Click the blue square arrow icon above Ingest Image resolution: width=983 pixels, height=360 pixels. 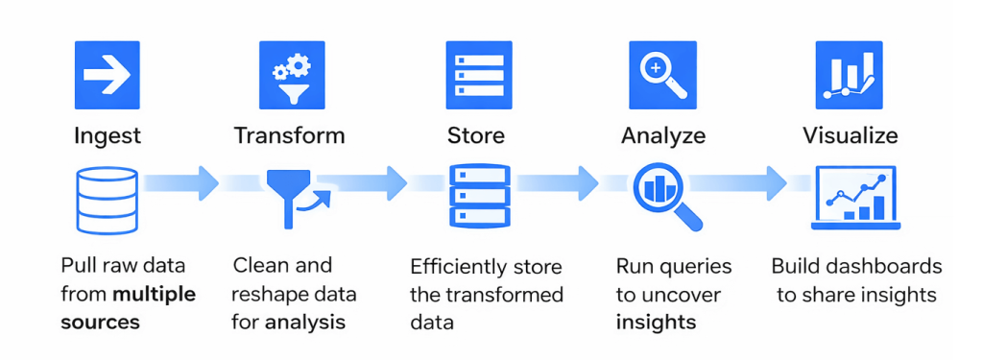(x=107, y=75)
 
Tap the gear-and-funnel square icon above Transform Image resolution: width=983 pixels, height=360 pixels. (x=292, y=75)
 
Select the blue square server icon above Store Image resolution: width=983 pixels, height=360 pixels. (x=478, y=75)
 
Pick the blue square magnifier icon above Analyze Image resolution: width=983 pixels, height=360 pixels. (x=662, y=75)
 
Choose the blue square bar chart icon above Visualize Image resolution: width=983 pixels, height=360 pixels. (x=849, y=75)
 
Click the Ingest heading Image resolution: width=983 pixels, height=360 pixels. (x=108, y=135)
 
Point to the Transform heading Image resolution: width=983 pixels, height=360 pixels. (x=289, y=135)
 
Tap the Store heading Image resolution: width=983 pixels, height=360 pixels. (x=476, y=135)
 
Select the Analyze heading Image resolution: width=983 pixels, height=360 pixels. (x=663, y=135)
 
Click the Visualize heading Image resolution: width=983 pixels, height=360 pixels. (x=851, y=135)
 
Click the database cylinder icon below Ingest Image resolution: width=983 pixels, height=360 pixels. (x=107, y=199)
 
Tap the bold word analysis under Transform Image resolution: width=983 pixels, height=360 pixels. (x=305, y=322)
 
